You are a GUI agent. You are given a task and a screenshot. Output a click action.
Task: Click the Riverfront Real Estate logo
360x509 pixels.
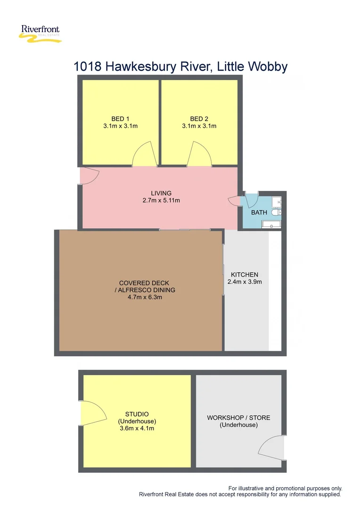[x=41, y=34]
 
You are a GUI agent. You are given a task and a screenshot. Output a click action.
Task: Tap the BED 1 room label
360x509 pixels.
[x=120, y=119]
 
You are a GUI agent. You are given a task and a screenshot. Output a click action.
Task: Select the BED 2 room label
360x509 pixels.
[x=199, y=119]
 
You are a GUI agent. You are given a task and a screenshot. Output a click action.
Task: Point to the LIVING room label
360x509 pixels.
[x=161, y=193]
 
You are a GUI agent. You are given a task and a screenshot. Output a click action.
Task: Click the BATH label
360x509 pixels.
[x=259, y=213]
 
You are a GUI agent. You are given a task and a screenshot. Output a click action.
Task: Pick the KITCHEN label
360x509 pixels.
[x=244, y=275]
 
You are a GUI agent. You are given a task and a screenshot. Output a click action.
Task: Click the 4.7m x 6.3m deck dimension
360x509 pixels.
[x=141, y=297]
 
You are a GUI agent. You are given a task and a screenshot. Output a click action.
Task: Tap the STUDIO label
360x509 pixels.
[x=137, y=414]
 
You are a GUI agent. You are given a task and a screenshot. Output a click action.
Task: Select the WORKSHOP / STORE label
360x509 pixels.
[x=238, y=418]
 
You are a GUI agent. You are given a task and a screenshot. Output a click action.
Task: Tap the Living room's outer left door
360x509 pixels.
[x=90, y=176]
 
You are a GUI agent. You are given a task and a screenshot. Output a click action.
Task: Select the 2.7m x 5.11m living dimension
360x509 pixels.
[x=161, y=200]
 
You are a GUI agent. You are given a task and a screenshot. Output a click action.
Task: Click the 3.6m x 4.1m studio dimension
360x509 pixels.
[x=137, y=428]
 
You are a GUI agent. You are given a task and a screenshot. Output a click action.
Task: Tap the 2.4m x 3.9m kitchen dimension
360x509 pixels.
[x=244, y=282]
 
